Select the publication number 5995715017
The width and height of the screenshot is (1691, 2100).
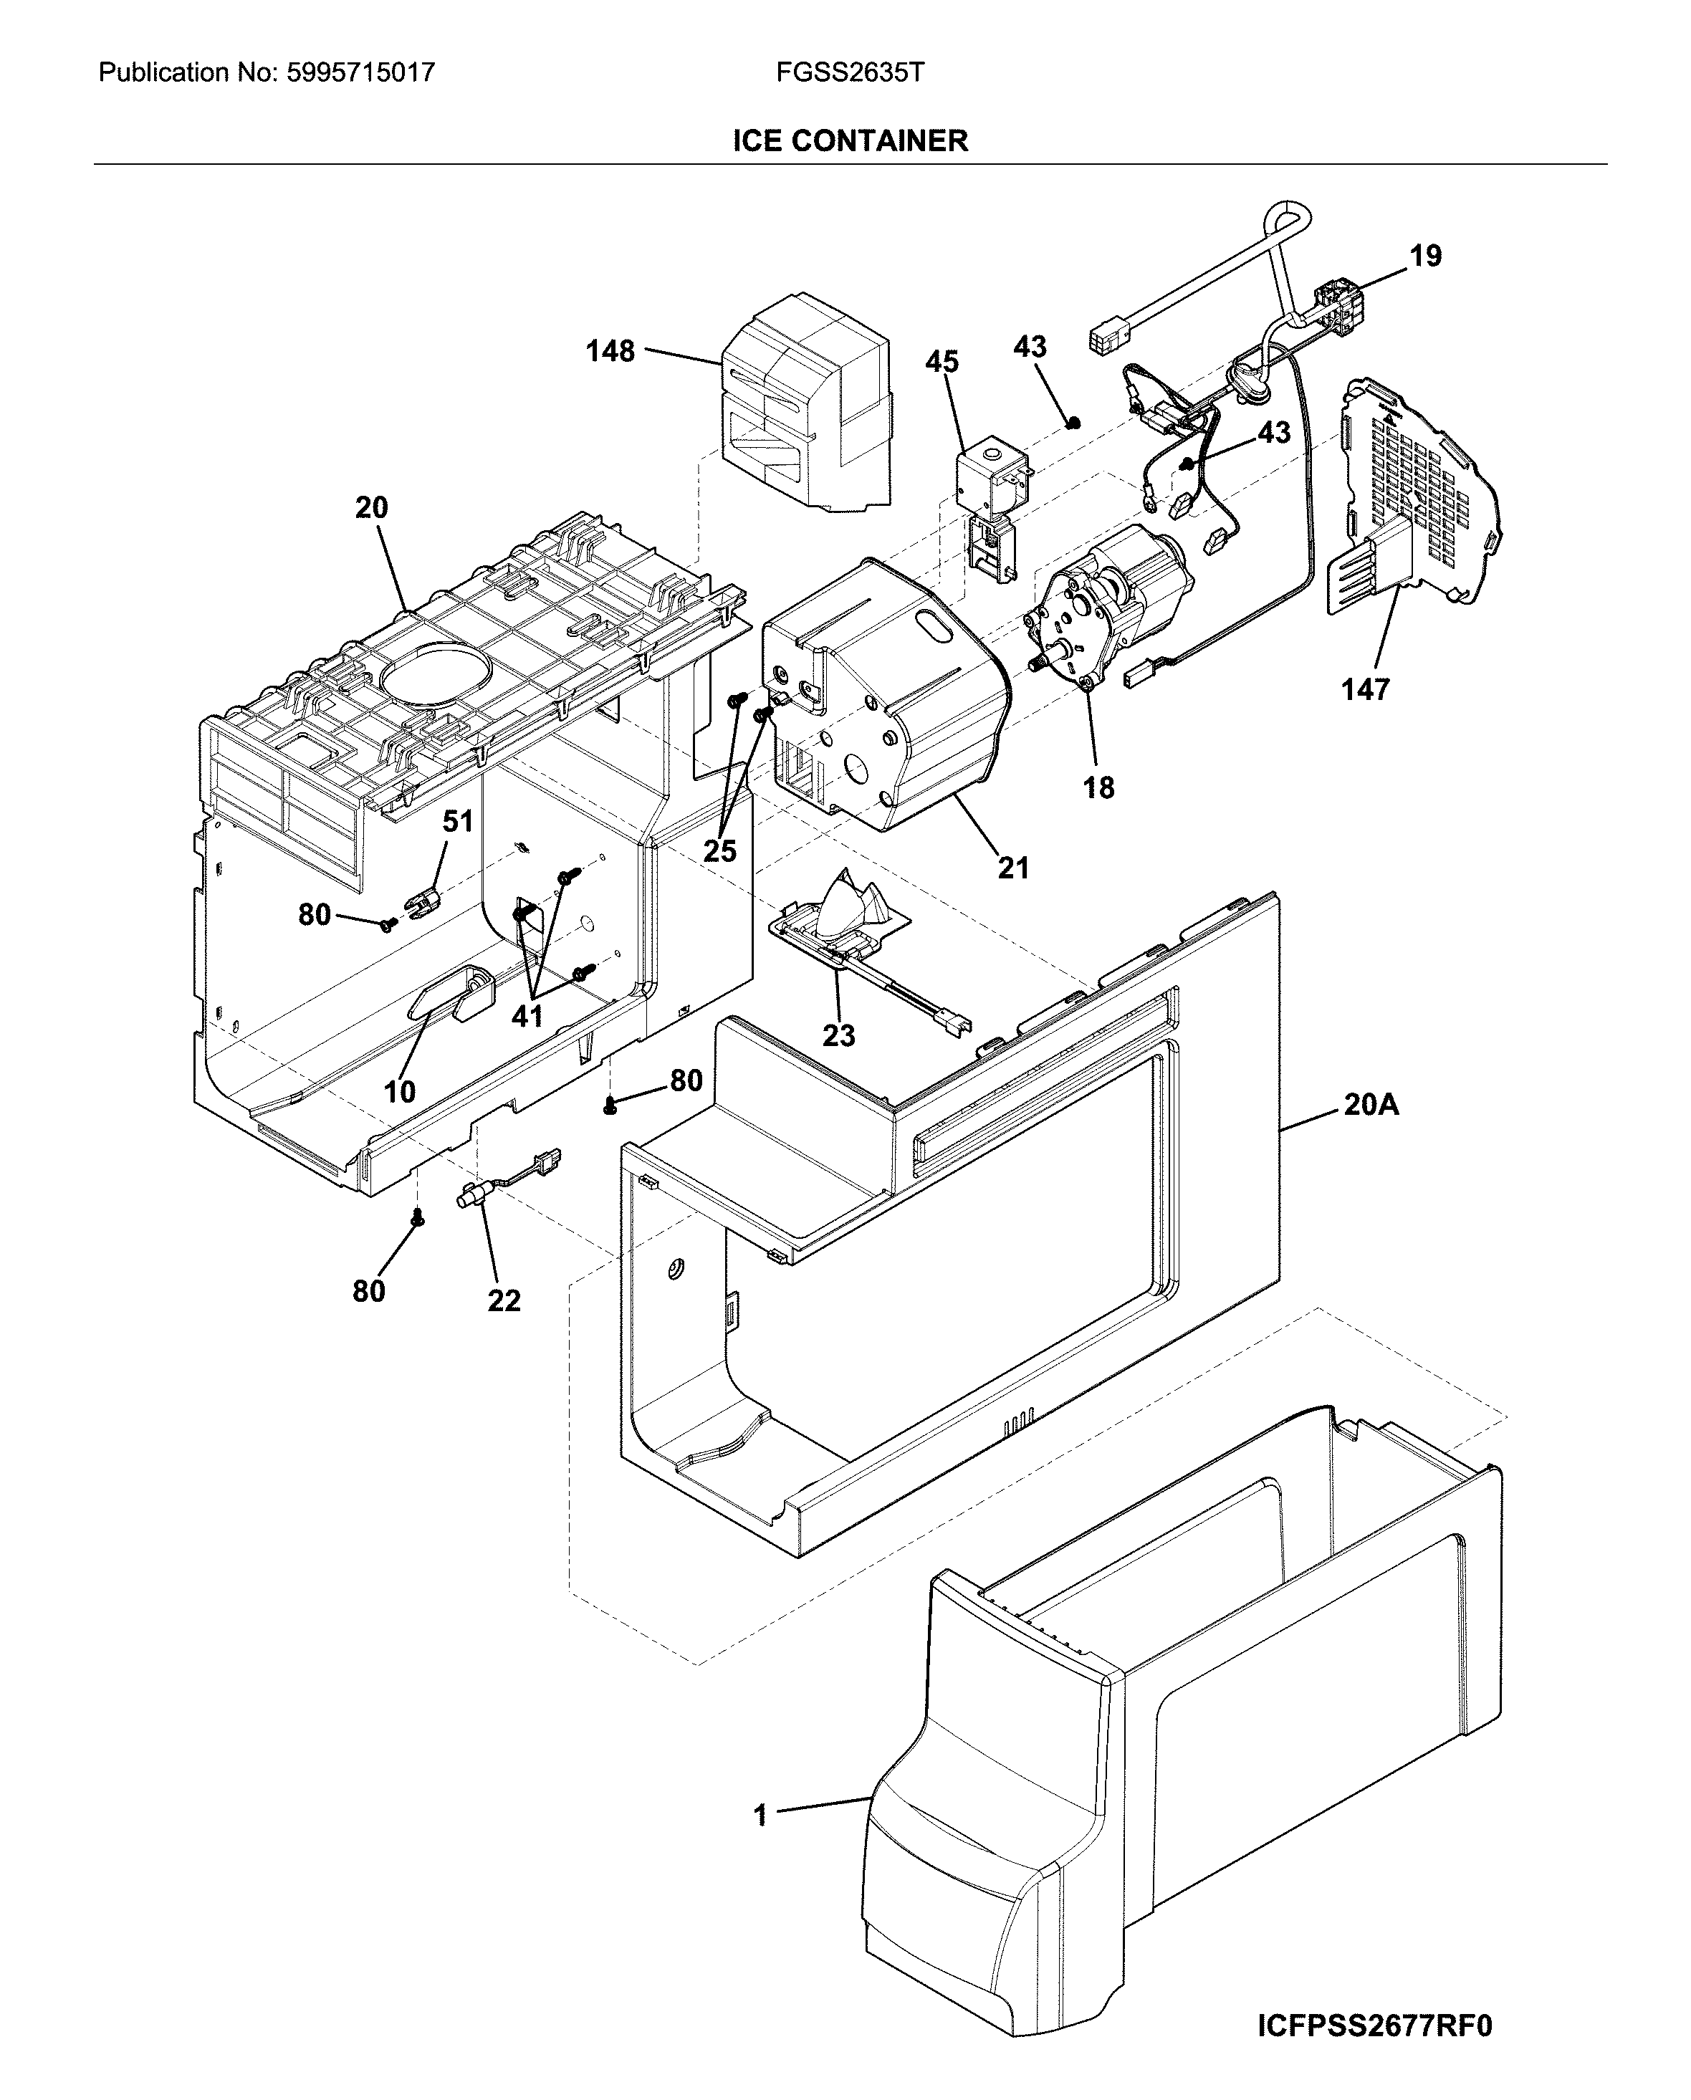click(360, 73)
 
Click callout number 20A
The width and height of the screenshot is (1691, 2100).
click(1371, 1105)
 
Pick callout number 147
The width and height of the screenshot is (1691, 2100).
click(1365, 689)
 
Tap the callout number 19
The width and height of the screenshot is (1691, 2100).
click(1425, 256)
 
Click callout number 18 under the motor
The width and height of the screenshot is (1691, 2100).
click(1098, 788)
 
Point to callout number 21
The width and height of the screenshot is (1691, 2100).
click(1013, 867)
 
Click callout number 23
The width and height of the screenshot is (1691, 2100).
click(838, 1035)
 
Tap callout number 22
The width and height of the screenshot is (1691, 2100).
click(504, 1300)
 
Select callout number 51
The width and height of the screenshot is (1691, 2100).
click(458, 821)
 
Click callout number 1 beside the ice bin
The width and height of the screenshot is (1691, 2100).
click(761, 1815)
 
